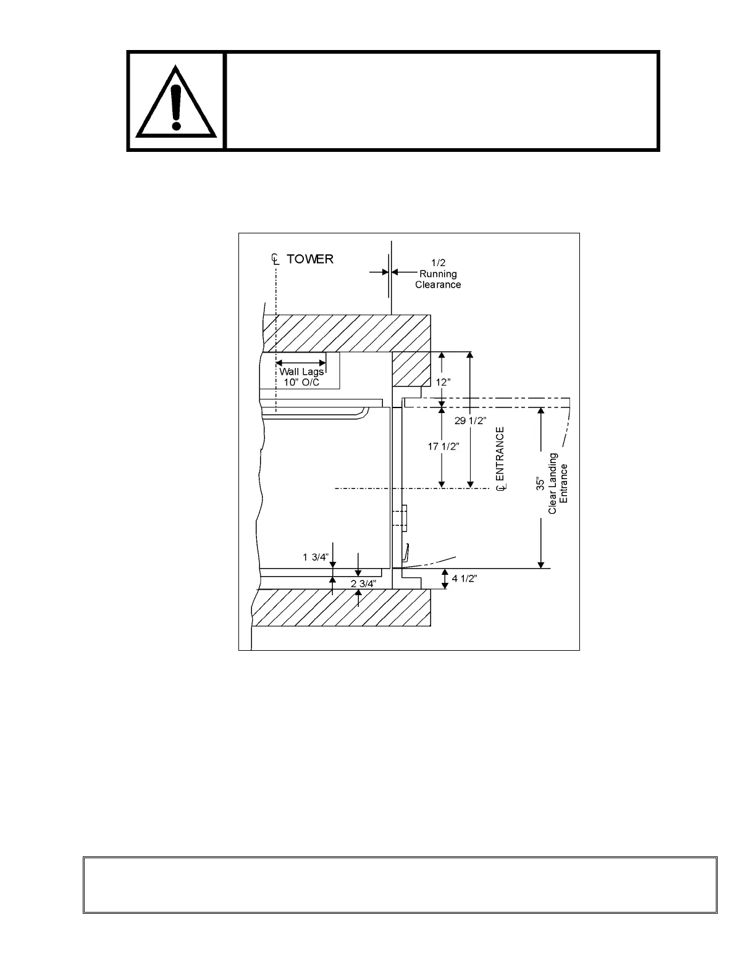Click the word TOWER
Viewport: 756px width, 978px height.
310,259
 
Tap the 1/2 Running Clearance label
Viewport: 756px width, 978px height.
438,274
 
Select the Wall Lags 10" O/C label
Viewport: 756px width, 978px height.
301,377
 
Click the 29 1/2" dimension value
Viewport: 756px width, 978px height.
471,420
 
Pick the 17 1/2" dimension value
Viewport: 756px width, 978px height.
443,446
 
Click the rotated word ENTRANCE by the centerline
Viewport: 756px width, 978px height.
500,453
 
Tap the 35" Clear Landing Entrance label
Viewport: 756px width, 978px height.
552,483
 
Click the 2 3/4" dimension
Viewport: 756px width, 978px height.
363,583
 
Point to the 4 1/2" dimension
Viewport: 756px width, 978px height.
464,579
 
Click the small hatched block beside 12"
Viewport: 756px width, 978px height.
411,369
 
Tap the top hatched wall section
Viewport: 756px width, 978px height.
346,333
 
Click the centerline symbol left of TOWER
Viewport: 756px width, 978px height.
275,259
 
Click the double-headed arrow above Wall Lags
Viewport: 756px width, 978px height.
301,362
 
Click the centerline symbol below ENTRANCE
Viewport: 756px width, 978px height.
501,488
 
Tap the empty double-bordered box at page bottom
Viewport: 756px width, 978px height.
400,884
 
